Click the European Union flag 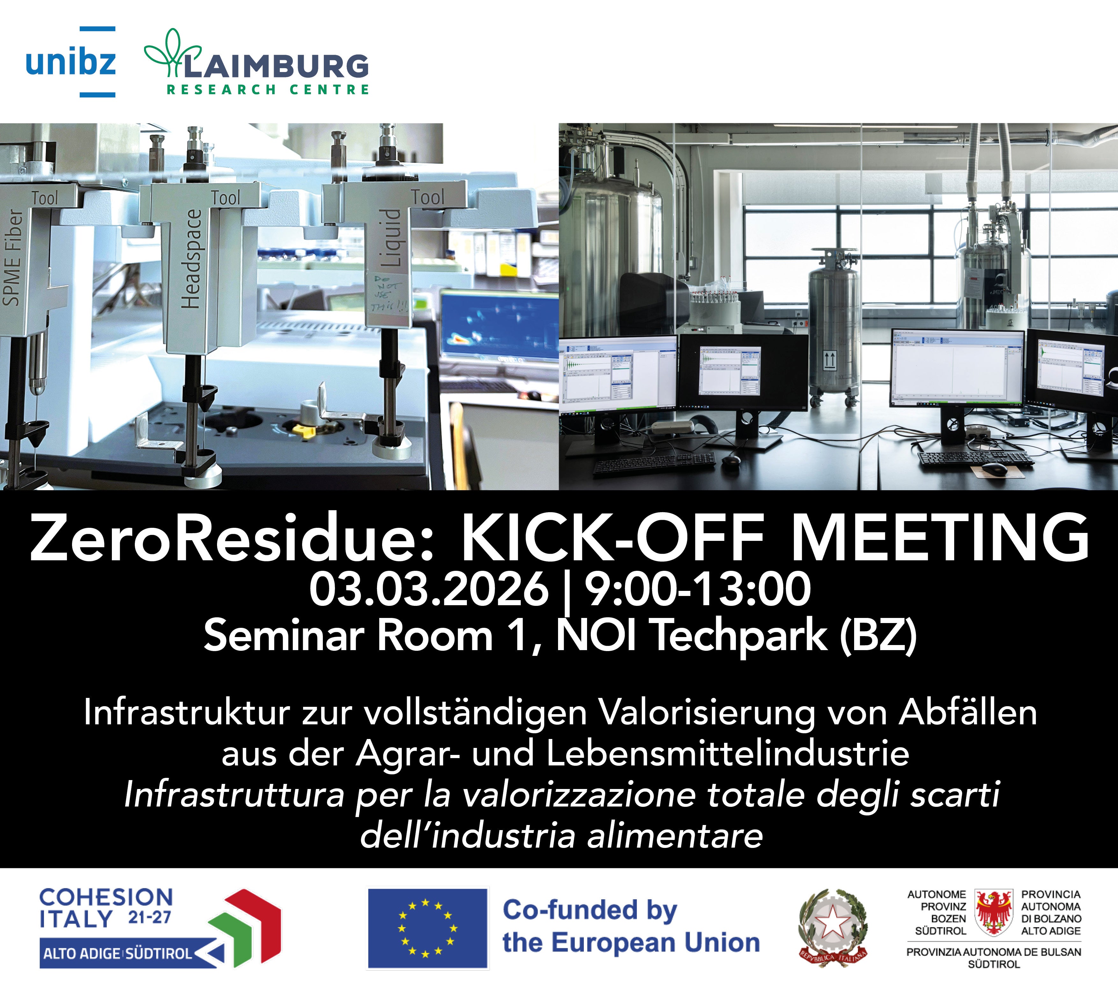click(x=427, y=928)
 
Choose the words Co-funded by click(x=590, y=910)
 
